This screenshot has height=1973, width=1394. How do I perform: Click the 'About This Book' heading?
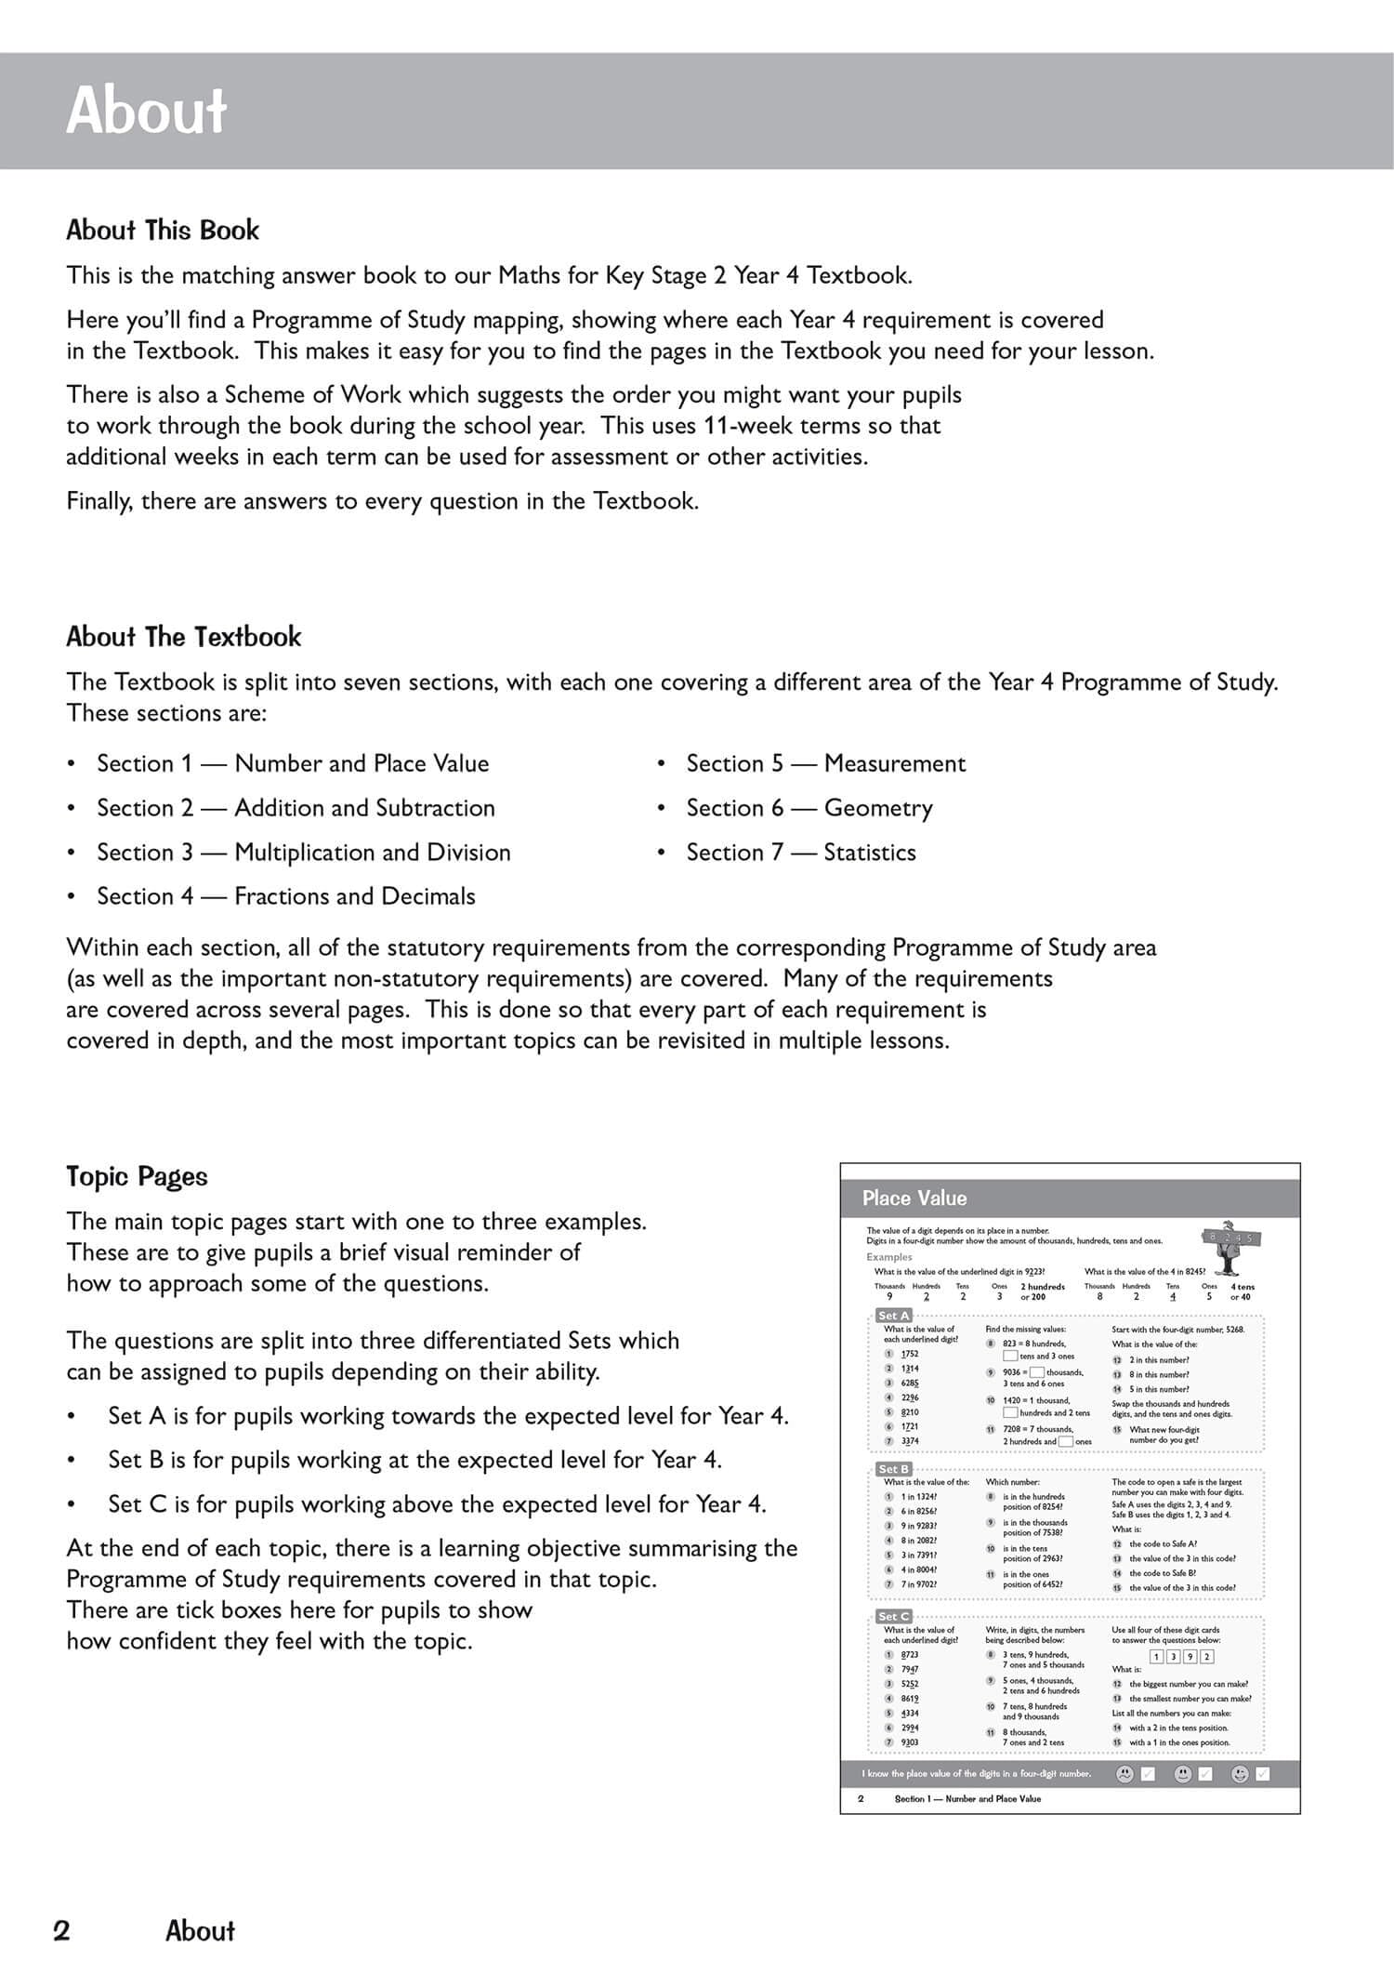[163, 231]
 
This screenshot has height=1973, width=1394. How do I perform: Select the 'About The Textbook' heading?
[184, 637]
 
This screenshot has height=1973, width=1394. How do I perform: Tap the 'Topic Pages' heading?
[137, 1176]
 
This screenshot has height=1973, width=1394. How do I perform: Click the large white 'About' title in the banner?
[147, 111]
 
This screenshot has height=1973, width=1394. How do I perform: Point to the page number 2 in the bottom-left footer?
[61, 1931]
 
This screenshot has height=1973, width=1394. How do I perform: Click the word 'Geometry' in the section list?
[878, 808]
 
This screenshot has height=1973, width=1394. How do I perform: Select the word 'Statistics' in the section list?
[870, 853]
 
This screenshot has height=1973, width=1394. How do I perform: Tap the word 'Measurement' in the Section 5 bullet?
[895, 763]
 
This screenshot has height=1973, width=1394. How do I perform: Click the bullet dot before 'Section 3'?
[71, 853]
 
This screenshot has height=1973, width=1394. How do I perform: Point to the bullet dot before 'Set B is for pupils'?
[71, 1460]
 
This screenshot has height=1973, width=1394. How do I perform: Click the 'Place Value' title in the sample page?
[914, 1198]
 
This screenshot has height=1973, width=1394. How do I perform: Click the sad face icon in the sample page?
[1124, 1774]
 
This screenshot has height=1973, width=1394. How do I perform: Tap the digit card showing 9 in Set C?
[1190, 1656]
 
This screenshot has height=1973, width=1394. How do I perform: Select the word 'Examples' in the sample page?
[889, 1257]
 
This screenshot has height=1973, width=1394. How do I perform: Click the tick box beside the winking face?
[1262, 1774]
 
